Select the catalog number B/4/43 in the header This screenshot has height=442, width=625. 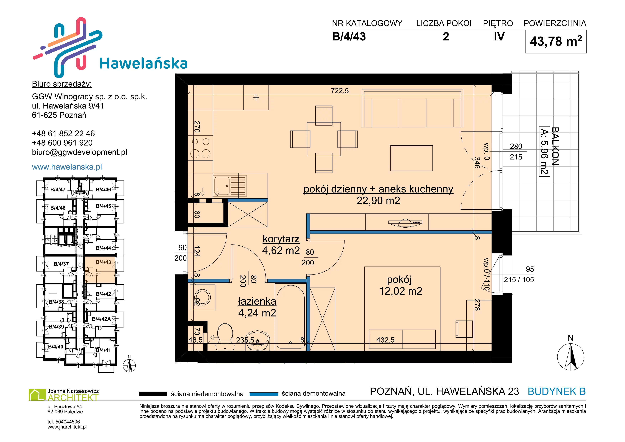point(349,37)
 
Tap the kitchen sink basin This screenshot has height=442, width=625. point(222,186)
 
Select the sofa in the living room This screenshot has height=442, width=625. point(412,108)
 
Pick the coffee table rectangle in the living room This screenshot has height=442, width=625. point(411,158)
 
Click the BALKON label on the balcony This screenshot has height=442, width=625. point(555,146)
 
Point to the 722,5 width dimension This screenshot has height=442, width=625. point(339,91)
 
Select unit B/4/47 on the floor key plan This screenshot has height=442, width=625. point(58,189)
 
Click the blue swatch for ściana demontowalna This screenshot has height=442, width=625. point(264,394)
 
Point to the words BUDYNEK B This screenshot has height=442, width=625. point(557,391)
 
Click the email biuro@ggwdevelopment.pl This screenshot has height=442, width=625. point(79,152)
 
